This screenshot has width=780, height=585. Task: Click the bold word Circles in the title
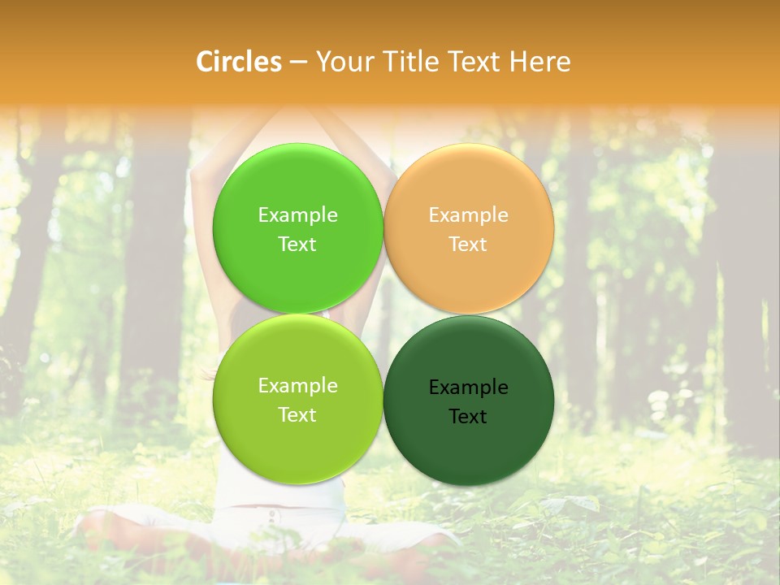[x=238, y=62]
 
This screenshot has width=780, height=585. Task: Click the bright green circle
[x=297, y=187]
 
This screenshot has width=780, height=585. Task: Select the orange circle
[x=468, y=187]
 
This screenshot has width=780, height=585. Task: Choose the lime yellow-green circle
[x=297, y=439]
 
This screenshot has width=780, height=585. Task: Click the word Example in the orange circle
[x=468, y=215]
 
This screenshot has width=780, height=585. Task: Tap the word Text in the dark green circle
[x=468, y=417]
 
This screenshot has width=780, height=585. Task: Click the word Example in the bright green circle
[x=297, y=215]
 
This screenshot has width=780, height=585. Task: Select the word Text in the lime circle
[x=297, y=415]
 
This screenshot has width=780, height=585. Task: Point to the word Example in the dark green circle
[x=468, y=388]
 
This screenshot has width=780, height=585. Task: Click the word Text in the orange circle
[x=468, y=245]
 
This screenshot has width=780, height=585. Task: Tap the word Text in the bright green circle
[x=297, y=245]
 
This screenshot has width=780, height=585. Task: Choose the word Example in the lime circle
[x=297, y=386]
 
